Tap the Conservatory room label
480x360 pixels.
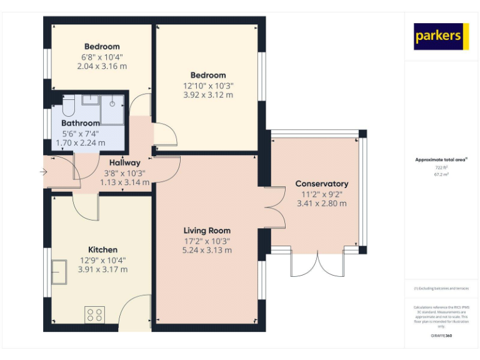pyautogui.click(x=322, y=184)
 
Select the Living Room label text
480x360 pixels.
pyautogui.click(x=207, y=231)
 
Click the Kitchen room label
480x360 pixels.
pyautogui.click(x=102, y=250)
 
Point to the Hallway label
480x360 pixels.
pyautogui.click(x=125, y=162)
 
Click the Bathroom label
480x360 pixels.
pyautogui.click(x=81, y=123)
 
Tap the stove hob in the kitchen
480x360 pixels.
pyautogui.click(x=94, y=314)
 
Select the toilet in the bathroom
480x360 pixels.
pyautogui.click(x=67, y=104)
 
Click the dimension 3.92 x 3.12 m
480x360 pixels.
pyautogui.click(x=208, y=95)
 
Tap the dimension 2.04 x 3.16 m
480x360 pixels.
pyautogui.click(x=102, y=66)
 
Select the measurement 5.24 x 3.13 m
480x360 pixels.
pyautogui.click(x=207, y=250)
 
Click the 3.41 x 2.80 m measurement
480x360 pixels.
pyautogui.click(x=322, y=203)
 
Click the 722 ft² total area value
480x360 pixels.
pyautogui.click(x=441, y=168)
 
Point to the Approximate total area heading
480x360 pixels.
pyautogui.click(x=441, y=160)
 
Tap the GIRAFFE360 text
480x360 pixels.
pyautogui.click(x=441, y=336)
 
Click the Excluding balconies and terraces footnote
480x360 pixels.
pyautogui.click(x=441, y=288)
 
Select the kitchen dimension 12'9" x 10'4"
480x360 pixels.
pyautogui.click(x=102, y=260)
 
